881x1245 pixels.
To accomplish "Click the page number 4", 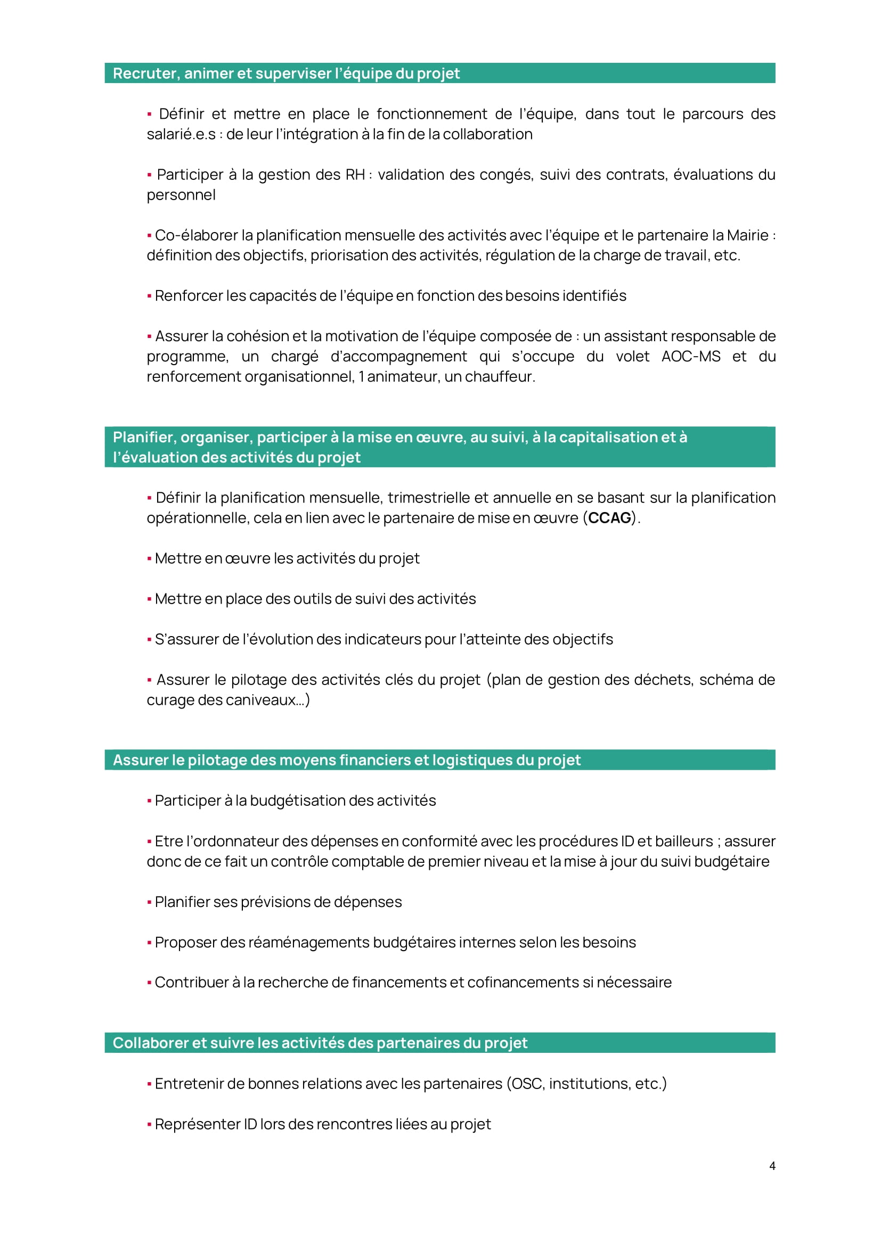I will [x=772, y=1166].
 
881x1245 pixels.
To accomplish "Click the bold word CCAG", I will [x=610, y=518].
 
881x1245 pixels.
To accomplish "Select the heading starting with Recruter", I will [x=286, y=73].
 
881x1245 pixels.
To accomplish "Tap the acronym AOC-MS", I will [x=691, y=356].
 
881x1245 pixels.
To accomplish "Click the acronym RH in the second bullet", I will [x=355, y=175].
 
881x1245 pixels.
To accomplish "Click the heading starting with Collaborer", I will [x=320, y=1043].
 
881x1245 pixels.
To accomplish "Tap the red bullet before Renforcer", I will [x=149, y=296].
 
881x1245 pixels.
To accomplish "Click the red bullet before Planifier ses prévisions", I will [x=149, y=902].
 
